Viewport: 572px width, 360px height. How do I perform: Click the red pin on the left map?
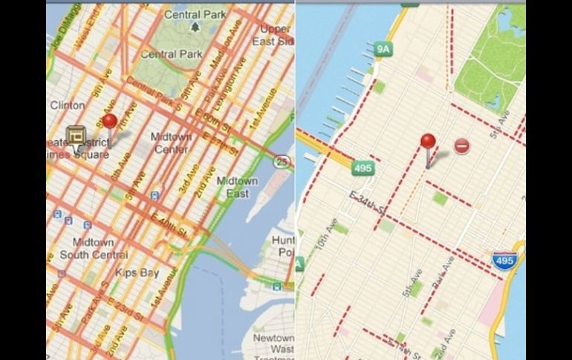pos(110,122)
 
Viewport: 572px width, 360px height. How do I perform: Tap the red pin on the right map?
pos(428,142)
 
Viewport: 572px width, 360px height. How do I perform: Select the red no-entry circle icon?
pos(461,146)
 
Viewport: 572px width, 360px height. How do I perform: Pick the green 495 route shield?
pos(363,168)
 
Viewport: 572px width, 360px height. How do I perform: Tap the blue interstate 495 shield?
pos(504,261)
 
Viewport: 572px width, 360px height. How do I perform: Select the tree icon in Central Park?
pos(195,27)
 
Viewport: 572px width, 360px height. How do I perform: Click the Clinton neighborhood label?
pos(68,105)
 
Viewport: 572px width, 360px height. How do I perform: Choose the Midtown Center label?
pos(171,143)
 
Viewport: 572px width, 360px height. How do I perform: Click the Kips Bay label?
pos(137,272)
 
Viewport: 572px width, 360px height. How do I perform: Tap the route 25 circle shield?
pos(282,161)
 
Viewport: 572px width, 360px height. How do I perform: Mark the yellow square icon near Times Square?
pos(76,136)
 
